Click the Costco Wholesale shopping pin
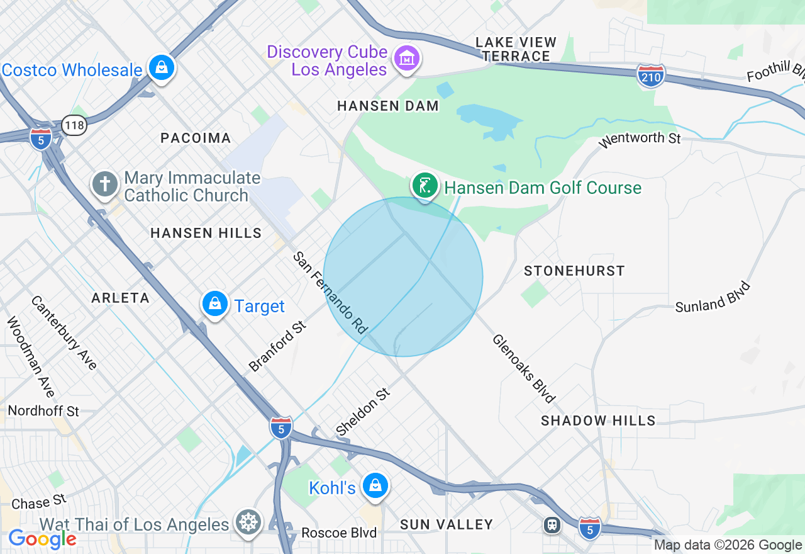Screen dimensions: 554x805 click(x=162, y=67)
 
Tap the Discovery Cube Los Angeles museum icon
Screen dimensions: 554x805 click(x=406, y=59)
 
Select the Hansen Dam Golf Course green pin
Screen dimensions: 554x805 click(x=425, y=186)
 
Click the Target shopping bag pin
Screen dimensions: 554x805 click(x=215, y=304)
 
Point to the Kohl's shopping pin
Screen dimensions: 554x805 click(x=375, y=486)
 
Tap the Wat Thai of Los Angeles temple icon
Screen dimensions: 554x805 click(x=249, y=523)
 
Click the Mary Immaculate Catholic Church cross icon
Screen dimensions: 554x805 click(x=104, y=184)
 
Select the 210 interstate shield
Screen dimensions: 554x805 click(x=650, y=76)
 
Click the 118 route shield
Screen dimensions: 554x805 click(x=74, y=125)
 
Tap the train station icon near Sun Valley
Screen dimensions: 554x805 click(x=552, y=524)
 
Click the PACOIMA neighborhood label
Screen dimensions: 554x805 click(x=196, y=138)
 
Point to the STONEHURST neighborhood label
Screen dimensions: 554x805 click(x=574, y=271)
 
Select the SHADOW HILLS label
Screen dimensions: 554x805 click(x=598, y=421)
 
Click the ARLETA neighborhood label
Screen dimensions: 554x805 click(x=120, y=298)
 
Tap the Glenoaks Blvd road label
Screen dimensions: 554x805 click(x=524, y=368)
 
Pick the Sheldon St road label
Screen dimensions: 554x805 click(x=364, y=412)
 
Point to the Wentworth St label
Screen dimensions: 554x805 click(x=640, y=137)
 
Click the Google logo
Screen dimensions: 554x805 click(x=42, y=539)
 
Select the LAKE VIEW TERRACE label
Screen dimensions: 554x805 click(x=516, y=49)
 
